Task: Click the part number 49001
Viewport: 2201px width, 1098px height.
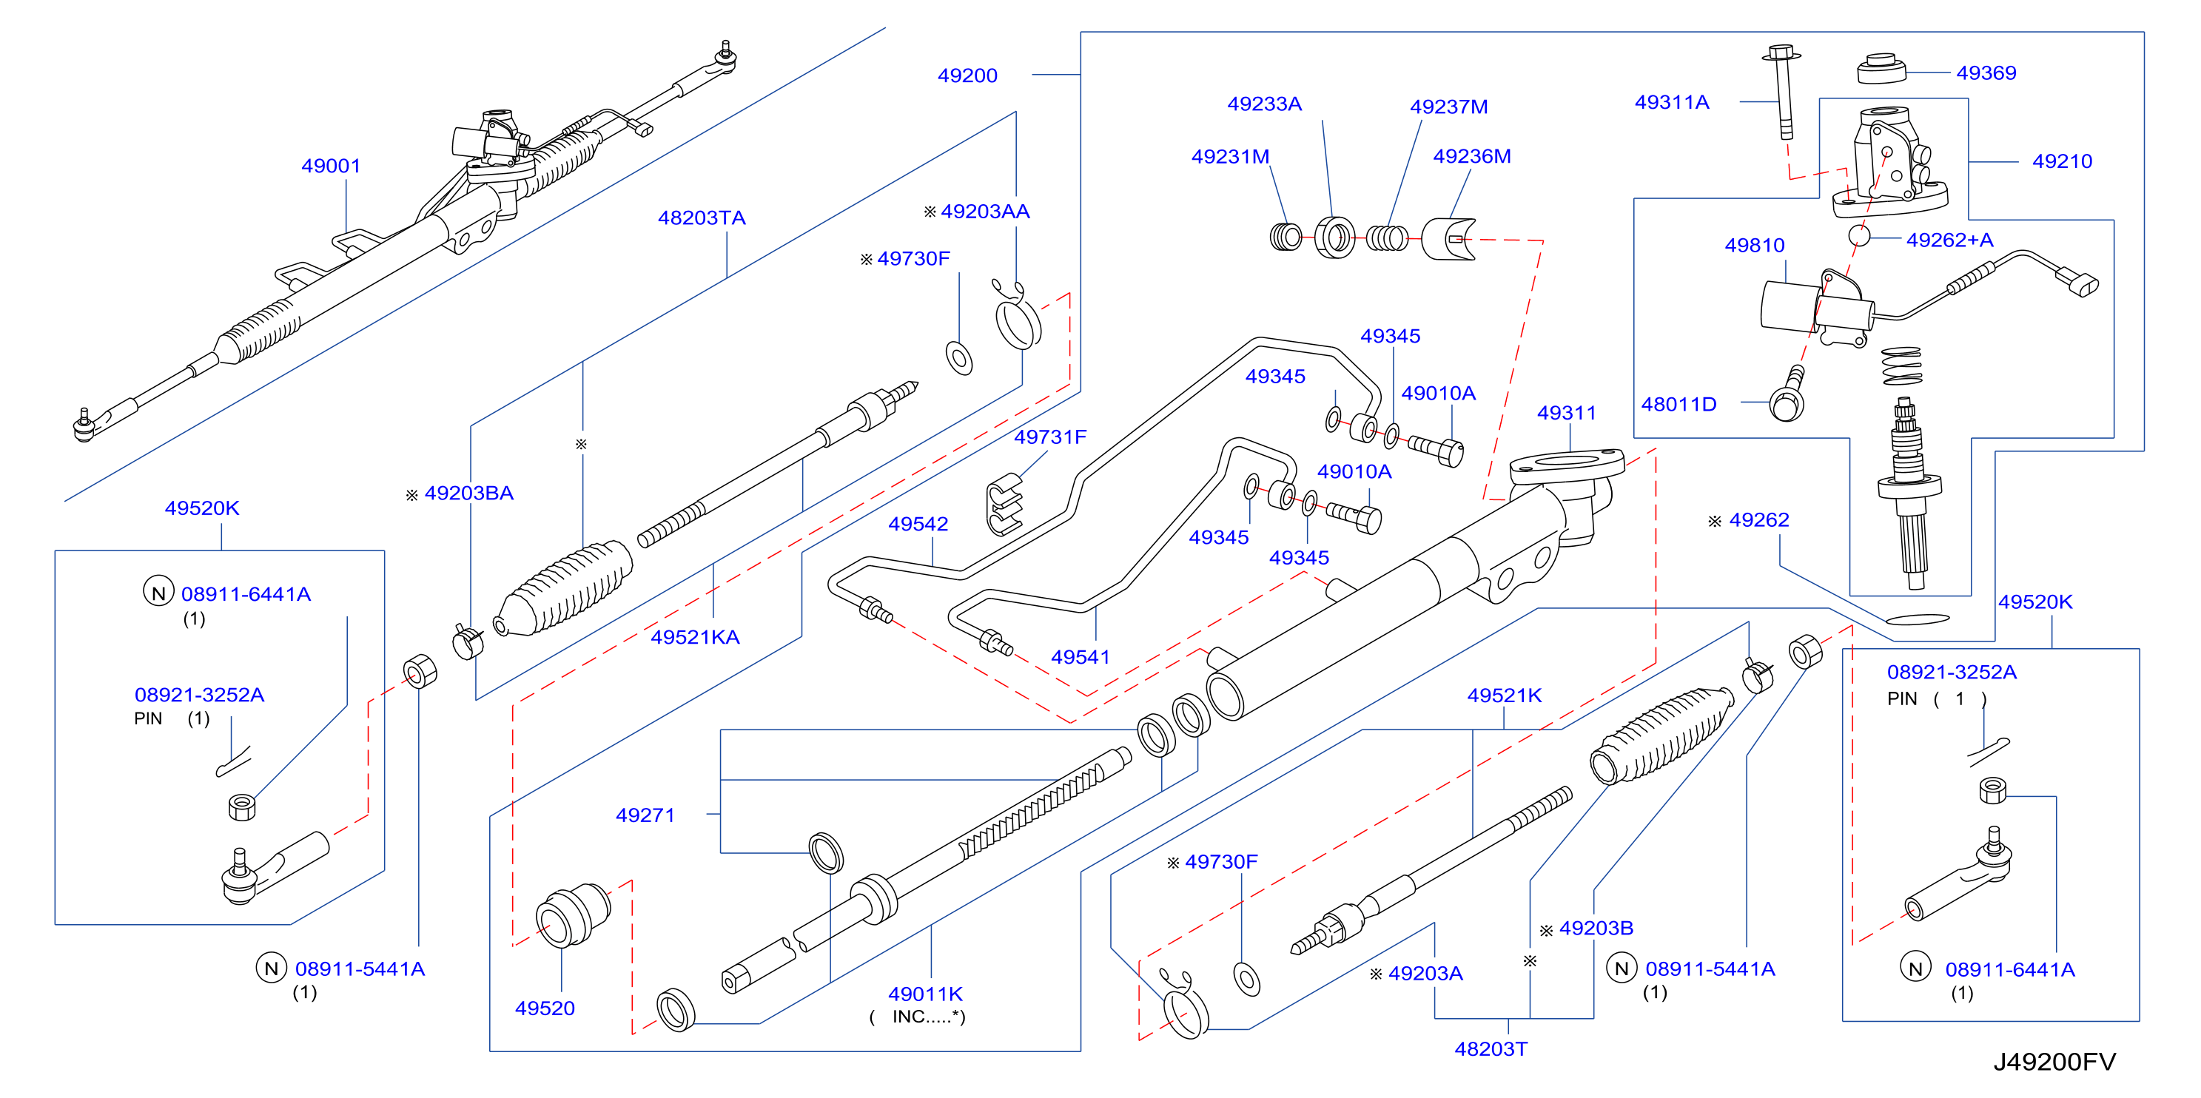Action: (x=331, y=166)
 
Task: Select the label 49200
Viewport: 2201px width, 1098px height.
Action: (x=967, y=75)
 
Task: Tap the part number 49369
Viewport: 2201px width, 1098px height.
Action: (x=1986, y=73)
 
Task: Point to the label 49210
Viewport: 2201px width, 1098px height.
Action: (x=2062, y=161)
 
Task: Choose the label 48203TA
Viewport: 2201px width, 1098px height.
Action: (x=702, y=218)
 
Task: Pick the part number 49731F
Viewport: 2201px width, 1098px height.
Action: (x=1050, y=437)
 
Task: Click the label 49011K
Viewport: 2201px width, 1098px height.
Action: (x=925, y=994)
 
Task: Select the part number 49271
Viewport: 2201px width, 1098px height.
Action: (x=645, y=815)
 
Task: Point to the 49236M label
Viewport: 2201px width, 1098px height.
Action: (x=1471, y=156)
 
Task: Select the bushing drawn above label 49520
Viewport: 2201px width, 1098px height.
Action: (x=574, y=915)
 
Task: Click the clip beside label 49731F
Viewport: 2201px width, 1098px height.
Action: (x=1004, y=503)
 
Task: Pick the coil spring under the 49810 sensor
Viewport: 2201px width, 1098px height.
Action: (x=1902, y=366)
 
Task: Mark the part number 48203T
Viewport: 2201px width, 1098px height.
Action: (x=1491, y=1048)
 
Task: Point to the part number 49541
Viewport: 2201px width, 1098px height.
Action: (x=1080, y=657)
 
